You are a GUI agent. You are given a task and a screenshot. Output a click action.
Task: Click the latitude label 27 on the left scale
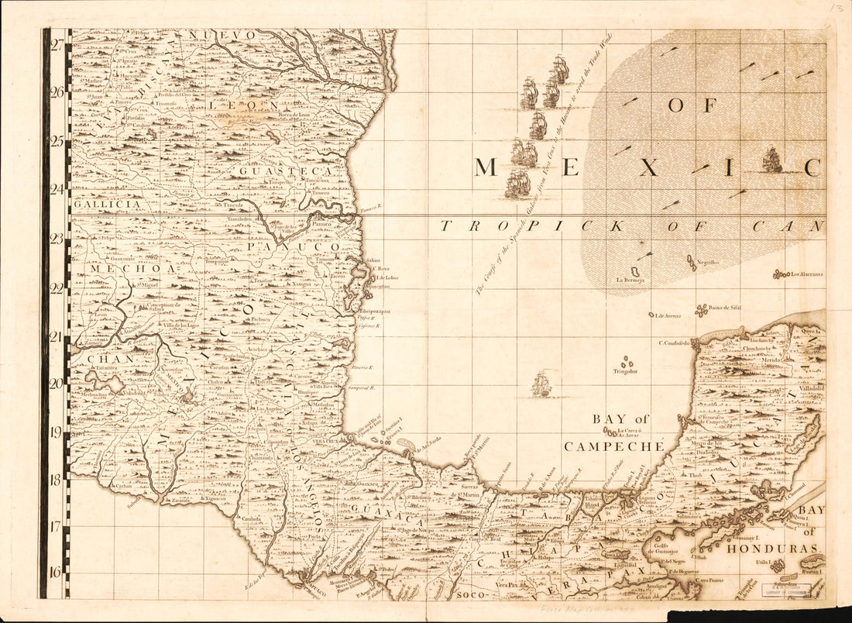[57, 44]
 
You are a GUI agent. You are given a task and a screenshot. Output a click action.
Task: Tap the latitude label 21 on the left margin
[57, 336]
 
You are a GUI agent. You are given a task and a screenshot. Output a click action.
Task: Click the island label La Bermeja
[630, 280]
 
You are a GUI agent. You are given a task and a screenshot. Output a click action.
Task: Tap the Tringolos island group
[625, 370]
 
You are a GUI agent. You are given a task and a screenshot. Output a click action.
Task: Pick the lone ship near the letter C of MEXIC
[772, 160]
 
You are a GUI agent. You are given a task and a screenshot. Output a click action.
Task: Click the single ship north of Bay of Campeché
[541, 384]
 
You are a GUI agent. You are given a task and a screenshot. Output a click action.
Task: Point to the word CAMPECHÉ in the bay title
[614, 446]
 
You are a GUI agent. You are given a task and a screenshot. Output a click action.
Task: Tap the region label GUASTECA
[286, 171]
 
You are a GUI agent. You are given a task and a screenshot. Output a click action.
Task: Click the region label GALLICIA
[108, 204]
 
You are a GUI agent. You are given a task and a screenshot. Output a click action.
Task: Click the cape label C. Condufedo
[674, 342]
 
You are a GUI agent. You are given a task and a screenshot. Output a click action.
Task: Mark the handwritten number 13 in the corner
[833, 9]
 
